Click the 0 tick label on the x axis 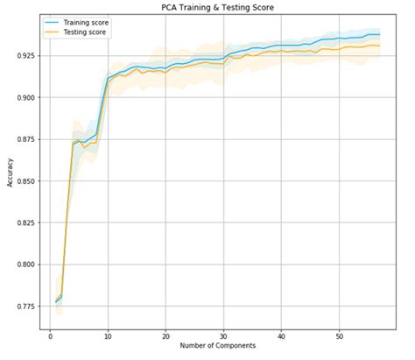[x=51, y=335]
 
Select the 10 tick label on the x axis [x=108, y=335]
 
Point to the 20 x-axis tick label [x=165, y=335]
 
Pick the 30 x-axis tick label [x=223, y=335]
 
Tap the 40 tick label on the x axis [x=281, y=335]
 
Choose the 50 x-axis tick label [x=339, y=335]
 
